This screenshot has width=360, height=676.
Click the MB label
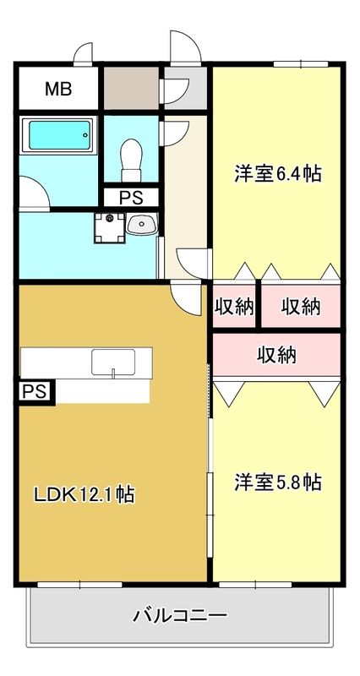pyautogui.click(x=57, y=87)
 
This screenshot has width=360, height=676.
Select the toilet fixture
pyautogui.click(x=131, y=158)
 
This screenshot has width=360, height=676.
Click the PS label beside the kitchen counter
pyautogui.click(x=35, y=391)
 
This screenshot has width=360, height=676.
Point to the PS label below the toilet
pyautogui.click(x=131, y=199)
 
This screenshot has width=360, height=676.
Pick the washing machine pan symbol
pyautogui.click(x=108, y=226)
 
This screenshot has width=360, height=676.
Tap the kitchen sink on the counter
pyautogui.click(x=113, y=361)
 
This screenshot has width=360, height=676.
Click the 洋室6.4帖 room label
pyautogui.click(x=277, y=174)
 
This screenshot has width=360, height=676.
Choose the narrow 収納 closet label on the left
pyautogui.click(x=234, y=307)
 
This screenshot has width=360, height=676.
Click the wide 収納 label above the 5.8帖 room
pyautogui.click(x=276, y=354)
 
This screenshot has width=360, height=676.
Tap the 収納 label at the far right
pyautogui.click(x=301, y=307)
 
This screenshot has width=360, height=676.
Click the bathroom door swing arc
pyautogui.click(x=35, y=192)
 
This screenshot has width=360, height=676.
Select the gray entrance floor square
pyautogui.click(x=183, y=88)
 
